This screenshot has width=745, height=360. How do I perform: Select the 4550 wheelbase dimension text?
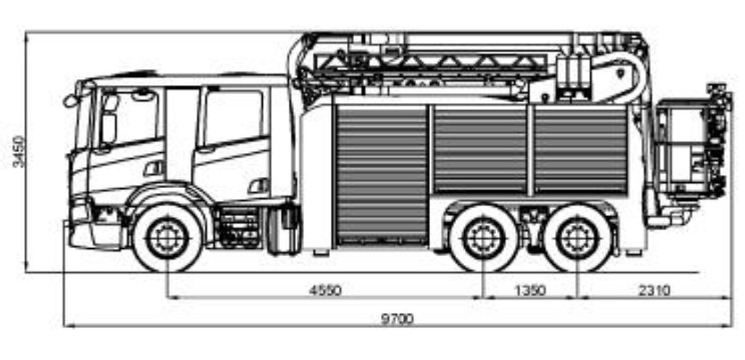click(325, 290)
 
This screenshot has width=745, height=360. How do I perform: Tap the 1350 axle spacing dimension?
click(530, 290)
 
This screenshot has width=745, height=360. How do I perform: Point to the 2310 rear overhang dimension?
click(654, 290)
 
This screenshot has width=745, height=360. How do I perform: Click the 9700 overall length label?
click(397, 318)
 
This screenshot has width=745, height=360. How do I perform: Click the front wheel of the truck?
click(168, 238)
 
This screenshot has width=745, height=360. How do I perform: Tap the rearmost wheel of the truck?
click(577, 239)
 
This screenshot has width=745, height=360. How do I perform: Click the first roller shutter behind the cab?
click(382, 174)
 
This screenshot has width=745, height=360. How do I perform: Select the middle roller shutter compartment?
click(480, 150)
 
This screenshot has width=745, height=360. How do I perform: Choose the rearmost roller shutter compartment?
click(580, 150)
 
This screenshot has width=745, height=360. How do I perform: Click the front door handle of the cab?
click(155, 169)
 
